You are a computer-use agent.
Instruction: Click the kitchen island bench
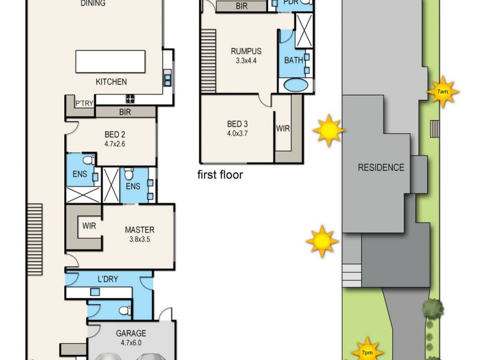coord(110,61)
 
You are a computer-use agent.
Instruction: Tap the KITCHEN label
coord(111,82)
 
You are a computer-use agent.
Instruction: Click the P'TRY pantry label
coord(83,104)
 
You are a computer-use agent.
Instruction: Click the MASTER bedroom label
coord(140,230)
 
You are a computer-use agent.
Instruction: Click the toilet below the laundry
coord(124,311)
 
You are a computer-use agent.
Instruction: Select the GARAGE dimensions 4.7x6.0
coord(131,343)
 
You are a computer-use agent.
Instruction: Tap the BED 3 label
coord(237,124)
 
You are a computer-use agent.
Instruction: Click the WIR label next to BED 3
coord(283,128)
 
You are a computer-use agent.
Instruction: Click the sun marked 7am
coord(442,92)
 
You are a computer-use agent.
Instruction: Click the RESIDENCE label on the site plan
coord(381,167)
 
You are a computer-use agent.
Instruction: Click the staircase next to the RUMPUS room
coord(208,60)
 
